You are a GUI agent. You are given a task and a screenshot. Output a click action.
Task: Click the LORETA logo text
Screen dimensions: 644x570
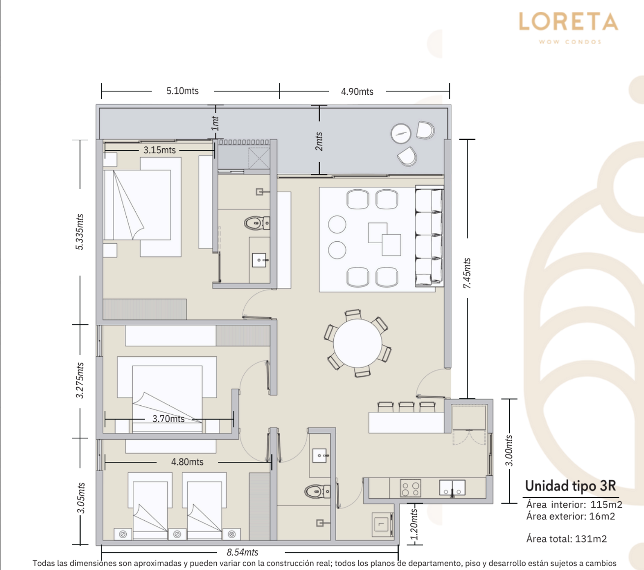pyautogui.click(x=569, y=22)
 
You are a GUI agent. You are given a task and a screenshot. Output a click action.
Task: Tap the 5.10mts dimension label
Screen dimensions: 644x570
pyautogui.click(x=182, y=91)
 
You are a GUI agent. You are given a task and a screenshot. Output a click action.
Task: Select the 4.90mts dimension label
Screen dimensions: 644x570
pyautogui.click(x=357, y=91)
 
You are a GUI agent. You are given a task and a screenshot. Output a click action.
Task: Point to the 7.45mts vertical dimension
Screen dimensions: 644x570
pyautogui.click(x=467, y=273)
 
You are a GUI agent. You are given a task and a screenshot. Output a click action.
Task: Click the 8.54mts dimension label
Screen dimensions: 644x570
pyautogui.click(x=242, y=552)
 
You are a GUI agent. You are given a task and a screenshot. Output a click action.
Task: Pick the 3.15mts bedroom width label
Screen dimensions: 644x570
pyautogui.click(x=160, y=150)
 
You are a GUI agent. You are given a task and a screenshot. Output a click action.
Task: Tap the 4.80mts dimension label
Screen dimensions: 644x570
pyautogui.click(x=187, y=462)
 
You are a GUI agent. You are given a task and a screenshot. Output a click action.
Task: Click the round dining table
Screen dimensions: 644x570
pyautogui.click(x=357, y=343)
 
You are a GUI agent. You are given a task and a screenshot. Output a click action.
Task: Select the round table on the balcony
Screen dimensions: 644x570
pyautogui.click(x=401, y=134)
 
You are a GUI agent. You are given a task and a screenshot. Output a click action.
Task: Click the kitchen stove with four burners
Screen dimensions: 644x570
pyautogui.click(x=410, y=488)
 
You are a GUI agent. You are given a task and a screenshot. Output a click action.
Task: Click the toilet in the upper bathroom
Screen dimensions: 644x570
pyautogui.click(x=257, y=223)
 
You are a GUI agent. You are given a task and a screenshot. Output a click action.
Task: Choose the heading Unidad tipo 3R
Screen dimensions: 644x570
pyautogui.click(x=571, y=485)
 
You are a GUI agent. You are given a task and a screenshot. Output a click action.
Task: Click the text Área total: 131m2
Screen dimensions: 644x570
pyautogui.click(x=566, y=539)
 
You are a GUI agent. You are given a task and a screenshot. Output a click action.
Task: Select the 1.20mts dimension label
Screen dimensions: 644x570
pyautogui.click(x=413, y=524)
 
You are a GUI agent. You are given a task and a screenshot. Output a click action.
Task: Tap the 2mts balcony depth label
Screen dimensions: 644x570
pyautogui.click(x=319, y=142)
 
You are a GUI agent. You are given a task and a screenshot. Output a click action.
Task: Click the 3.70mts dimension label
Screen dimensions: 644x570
pyautogui.click(x=169, y=419)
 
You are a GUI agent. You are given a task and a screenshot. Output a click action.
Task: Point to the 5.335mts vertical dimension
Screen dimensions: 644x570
pyautogui.click(x=80, y=232)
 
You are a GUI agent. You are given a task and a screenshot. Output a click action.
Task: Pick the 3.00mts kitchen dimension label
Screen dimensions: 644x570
pyautogui.click(x=509, y=451)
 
